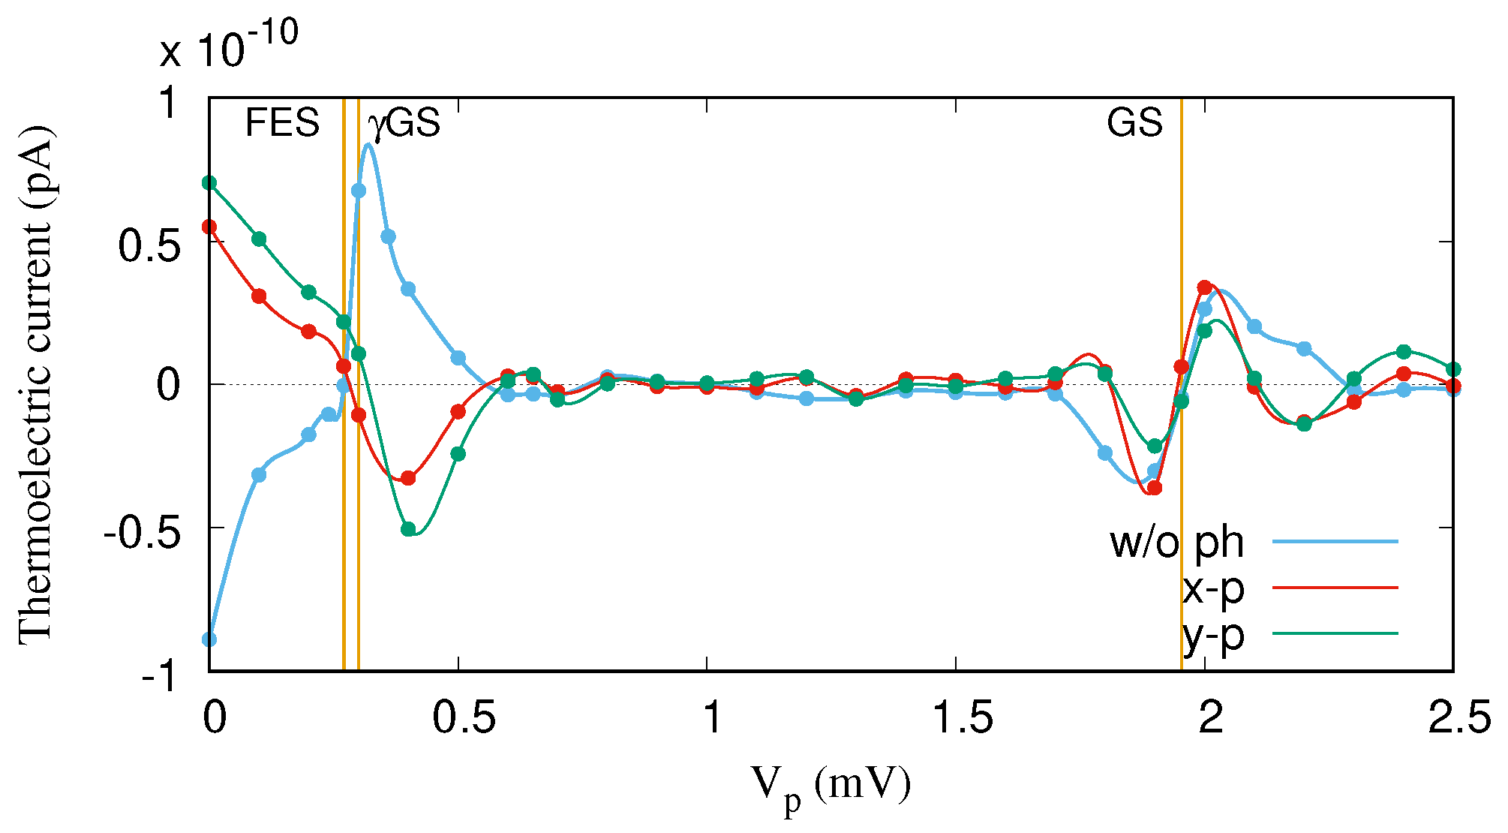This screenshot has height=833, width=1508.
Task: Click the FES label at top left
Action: point(282,122)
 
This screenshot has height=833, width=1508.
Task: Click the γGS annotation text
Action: point(404,123)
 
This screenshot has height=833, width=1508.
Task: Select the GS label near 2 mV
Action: point(1134,122)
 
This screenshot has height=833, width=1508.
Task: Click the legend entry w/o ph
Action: point(1177,542)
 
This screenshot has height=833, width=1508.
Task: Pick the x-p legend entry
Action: point(1213,588)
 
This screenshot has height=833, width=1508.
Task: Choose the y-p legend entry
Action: point(1213,635)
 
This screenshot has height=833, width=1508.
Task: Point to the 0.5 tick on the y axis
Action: point(150,242)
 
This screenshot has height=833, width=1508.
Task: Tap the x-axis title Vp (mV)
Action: point(831,788)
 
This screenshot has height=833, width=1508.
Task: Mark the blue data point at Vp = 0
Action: point(210,639)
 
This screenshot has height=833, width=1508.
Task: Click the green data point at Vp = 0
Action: point(210,182)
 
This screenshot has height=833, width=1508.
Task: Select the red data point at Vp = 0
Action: point(210,226)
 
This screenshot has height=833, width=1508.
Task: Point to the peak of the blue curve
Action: point(368,145)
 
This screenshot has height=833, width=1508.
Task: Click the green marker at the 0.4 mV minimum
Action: point(408,529)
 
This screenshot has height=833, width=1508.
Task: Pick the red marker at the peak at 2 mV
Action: point(1204,287)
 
